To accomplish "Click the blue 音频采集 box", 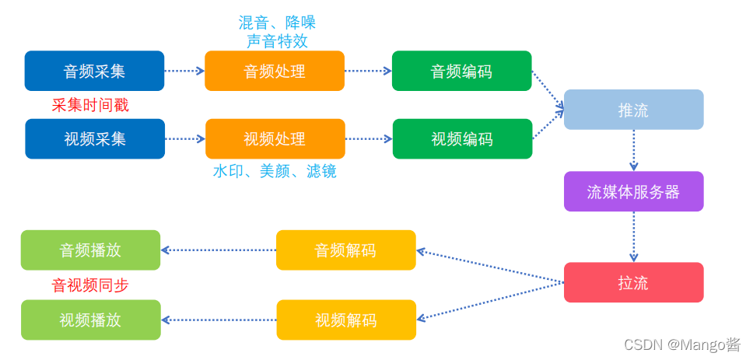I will pyautogui.click(x=94, y=71).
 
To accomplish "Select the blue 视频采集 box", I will pyautogui.click(x=95, y=139).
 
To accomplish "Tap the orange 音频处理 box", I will pyautogui.click(x=275, y=71).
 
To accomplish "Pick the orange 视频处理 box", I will pyautogui.click(x=275, y=139).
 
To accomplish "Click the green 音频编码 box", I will pyautogui.click(x=461, y=71).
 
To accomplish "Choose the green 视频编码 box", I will pyautogui.click(x=462, y=139).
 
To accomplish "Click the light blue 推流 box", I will pyautogui.click(x=633, y=110).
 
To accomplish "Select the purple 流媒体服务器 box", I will pyautogui.click(x=633, y=191).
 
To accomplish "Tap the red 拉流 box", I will pyautogui.click(x=633, y=282).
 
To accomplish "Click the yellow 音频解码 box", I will pyautogui.click(x=346, y=250).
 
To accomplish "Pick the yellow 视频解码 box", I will pyautogui.click(x=346, y=320).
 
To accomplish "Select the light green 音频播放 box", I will pyautogui.click(x=90, y=250).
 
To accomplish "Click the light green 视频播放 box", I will pyautogui.click(x=90, y=320).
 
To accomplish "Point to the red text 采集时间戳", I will pyautogui.click(x=90, y=105).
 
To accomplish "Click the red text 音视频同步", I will pyautogui.click(x=90, y=285).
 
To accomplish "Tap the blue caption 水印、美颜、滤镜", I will pyautogui.click(x=275, y=171).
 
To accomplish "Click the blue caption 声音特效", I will pyautogui.click(x=277, y=40).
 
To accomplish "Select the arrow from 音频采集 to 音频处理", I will pyautogui.click(x=184, y=71).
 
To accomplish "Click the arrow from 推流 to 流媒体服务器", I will pyautogui.click(x=633, y=150).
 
